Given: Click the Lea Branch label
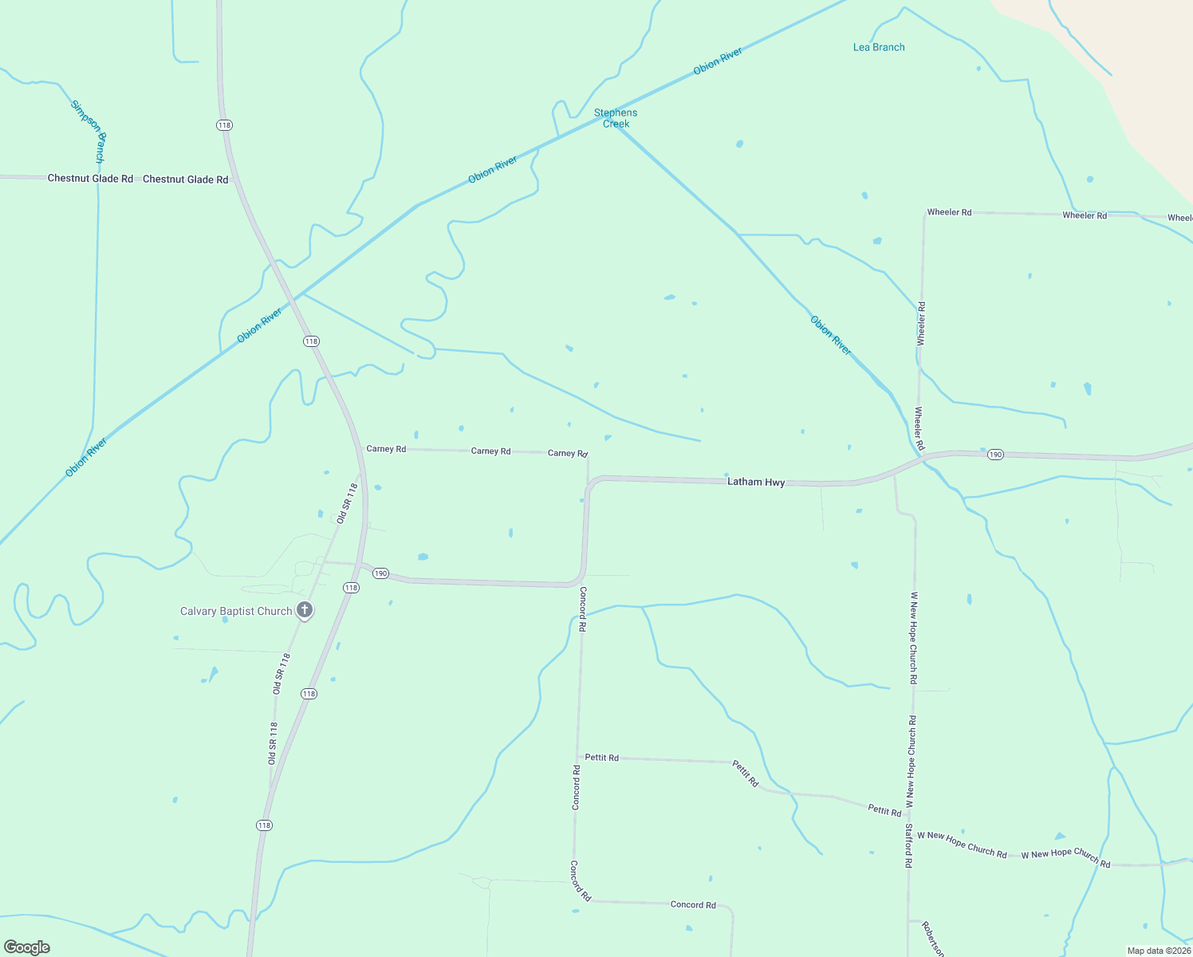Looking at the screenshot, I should [x=879, y=47].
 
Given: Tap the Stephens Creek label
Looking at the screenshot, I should [x=616, y=118].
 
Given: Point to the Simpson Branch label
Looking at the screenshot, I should [x=89, y=132].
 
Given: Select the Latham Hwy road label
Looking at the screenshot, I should [x=756, y=482].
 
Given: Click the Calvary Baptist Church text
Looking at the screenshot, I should [x=236, y=612].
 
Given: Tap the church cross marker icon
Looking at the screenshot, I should [x=304, y=611].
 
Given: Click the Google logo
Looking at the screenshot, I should [x=27, y=947].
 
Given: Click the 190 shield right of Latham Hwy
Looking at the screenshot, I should [x=995, y=455].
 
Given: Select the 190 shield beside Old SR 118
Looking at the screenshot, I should [x=380, y=573].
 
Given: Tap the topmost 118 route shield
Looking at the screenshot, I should [x=224, y=125].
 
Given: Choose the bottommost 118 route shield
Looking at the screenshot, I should [x=264, y=825].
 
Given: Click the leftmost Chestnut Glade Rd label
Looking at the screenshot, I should [x=90, y=179].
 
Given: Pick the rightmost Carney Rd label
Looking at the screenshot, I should [x=567, y=453].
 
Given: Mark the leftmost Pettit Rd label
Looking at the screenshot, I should [x=601, y=758].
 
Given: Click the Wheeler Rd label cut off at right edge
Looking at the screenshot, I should [x=1180, y=218].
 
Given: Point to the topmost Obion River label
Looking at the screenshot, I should [x=718, y=61].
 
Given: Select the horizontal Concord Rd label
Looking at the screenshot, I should [x=693, y=904].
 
